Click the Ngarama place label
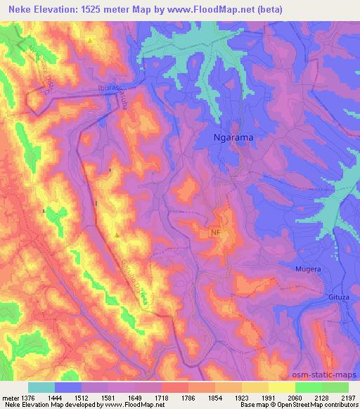[233, 138]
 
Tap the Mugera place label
[308, 269]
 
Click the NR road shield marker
[215, 233]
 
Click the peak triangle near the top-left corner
[91, 40]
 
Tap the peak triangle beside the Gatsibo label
[117, 234]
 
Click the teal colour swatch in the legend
[41, 387]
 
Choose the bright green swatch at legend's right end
[335, 387]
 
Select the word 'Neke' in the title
[16, 7]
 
